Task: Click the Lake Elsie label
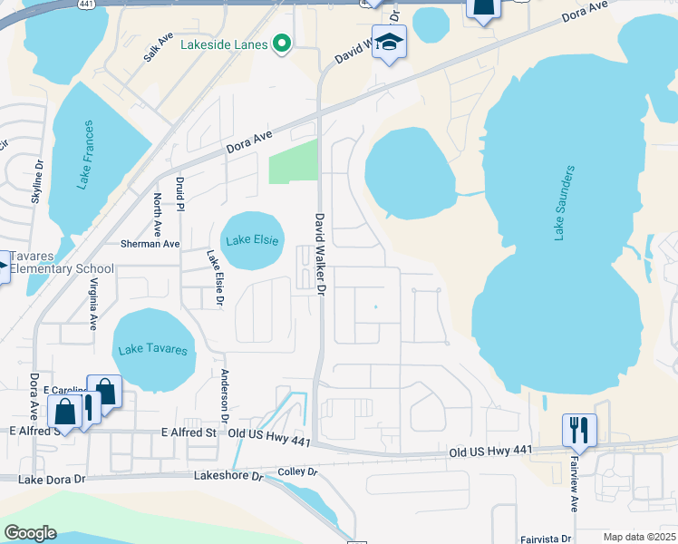251,240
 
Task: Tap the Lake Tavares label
154,350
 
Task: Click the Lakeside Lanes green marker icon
281,44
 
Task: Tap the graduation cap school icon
389,43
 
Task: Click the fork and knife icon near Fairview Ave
579,430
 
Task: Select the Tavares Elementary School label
57,262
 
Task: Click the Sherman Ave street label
150,244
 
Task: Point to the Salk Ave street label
157,48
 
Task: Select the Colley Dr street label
298,472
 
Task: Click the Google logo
30,533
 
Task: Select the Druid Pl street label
180,194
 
